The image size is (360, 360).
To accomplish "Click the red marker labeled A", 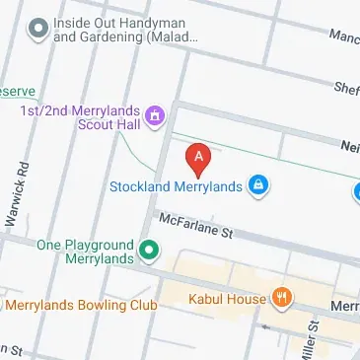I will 198,157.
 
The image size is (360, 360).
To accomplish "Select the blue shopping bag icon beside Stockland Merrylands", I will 257,184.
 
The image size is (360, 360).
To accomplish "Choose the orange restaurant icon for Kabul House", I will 282,298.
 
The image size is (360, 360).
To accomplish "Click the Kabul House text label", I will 227,299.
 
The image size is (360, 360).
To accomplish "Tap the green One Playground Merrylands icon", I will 149,251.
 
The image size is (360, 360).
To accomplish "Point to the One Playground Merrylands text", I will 84,252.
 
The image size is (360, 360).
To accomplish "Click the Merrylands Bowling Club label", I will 81,306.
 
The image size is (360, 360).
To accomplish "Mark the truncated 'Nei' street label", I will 348,144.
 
